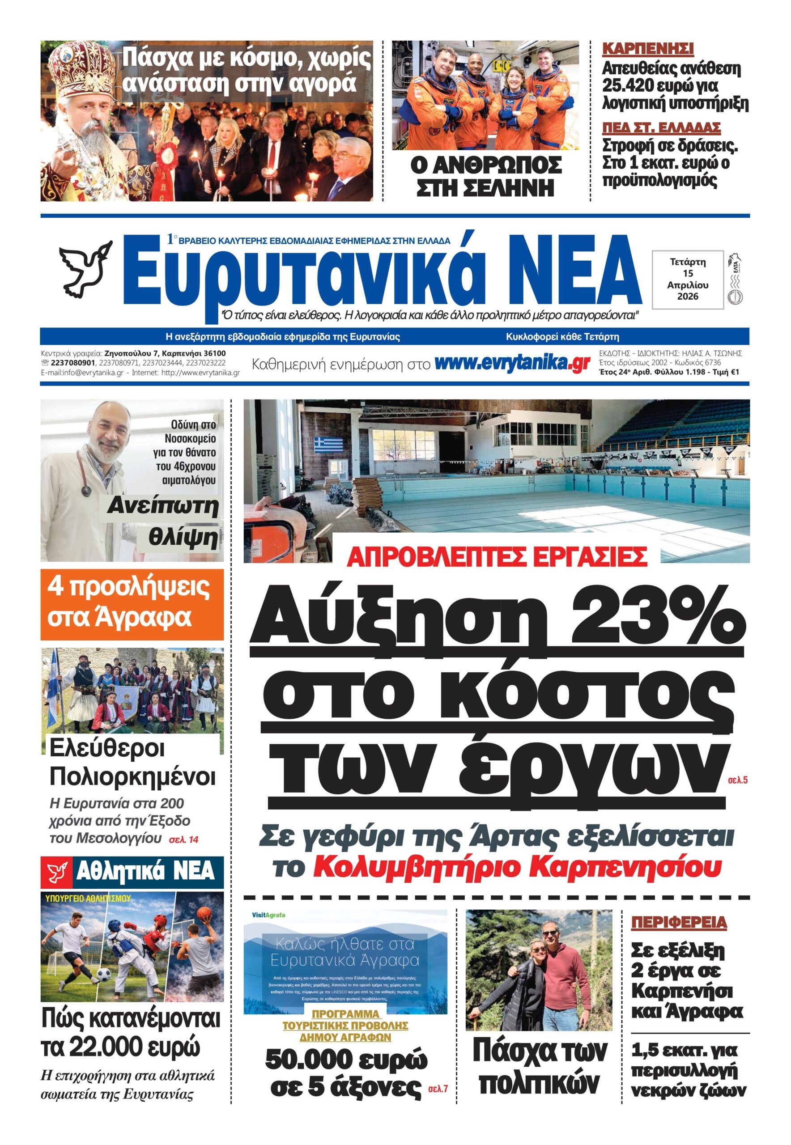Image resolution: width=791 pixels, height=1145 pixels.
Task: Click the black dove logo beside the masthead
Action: [x=83, y=271]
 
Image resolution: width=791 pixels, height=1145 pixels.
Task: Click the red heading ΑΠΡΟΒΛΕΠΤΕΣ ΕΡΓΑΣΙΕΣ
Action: [x=497, y=557]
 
